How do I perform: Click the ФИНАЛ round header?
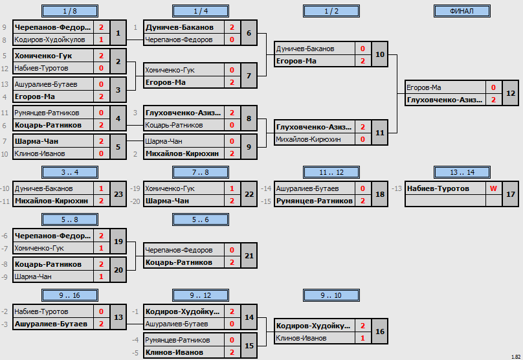[x=462, y=11]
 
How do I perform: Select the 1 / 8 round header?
[x=70, y=11]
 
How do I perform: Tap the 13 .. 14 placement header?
[x=462, y=172]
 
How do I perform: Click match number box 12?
[x=510, y=93]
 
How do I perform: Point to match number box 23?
[x=118, y=194]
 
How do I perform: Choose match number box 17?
[x=510, y=194]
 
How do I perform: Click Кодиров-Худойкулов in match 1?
[x=50, y=39]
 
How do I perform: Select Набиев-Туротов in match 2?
[x=41, y=69]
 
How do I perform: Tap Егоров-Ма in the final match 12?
[x=423, y=88]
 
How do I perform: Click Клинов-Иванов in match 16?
[x=301, y=339]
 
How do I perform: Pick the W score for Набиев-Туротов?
[x=493, y=188]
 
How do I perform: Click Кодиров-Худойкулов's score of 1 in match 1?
[x=101, y=39]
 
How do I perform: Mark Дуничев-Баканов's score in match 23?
[x=101, y=188]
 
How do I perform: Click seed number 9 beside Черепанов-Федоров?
[x=5, y=27]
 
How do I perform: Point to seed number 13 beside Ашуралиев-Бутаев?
[x=5, y=84]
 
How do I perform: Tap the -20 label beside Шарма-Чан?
[x=135, y=201]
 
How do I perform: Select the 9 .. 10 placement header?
[x=331, y=295]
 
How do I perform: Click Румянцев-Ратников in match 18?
[x=314, y=201]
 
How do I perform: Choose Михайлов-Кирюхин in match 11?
[x=308, y=139]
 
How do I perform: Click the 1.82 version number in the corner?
[x=516, y=357]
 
